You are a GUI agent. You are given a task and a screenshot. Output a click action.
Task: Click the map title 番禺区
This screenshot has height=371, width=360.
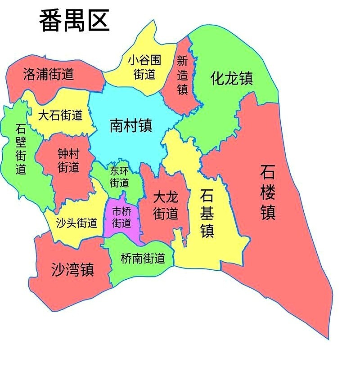coord(74,21)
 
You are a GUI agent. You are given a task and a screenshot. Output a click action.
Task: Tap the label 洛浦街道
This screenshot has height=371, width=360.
coord(49,74)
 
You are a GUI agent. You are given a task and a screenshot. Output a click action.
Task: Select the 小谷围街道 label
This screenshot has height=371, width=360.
coord(144,67)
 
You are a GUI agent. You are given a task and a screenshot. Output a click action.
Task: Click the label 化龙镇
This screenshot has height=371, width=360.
coord(232,78)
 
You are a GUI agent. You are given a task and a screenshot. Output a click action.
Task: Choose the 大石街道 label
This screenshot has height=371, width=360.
coord(60,115)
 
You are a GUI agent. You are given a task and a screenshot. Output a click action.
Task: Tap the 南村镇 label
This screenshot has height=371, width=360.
coord(130,126)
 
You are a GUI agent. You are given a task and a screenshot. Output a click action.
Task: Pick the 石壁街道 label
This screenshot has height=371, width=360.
coord(21,149)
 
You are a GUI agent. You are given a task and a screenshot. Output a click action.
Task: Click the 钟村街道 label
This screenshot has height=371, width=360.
coord(68,161)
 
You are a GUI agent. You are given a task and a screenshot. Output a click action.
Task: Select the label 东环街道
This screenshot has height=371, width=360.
coord(120,177)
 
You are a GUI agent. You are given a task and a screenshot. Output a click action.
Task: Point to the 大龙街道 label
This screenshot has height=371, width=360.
coord(165,205)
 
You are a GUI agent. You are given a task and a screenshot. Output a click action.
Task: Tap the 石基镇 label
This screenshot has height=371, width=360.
coord(207,213)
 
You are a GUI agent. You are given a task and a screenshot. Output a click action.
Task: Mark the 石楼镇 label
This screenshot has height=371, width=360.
coord(268,192)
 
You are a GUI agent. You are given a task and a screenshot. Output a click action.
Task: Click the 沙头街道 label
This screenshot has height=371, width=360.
coord(76,223)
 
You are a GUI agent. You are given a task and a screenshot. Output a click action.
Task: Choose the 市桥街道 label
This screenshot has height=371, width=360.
coord(121,217)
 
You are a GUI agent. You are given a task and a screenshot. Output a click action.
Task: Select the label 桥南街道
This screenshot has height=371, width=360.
coord(143,259)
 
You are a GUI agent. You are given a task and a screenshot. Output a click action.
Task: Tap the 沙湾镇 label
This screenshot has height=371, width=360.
coord(72,269)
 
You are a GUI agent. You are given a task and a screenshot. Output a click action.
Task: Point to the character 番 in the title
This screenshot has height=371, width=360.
coord(51,21)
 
